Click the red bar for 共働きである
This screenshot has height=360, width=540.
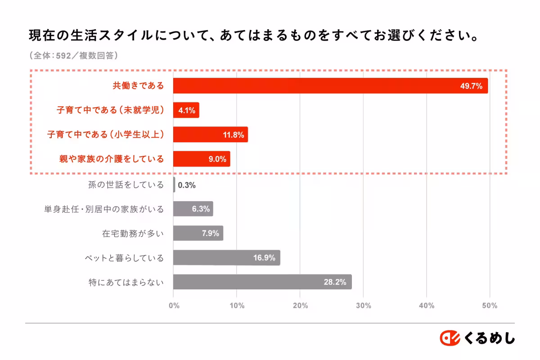click(x=330, y=85)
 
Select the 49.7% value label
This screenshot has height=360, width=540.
click(x=471, y=86)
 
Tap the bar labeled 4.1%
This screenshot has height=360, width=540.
click(x=186, y=110)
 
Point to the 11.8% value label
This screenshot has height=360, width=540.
click(x=233, y=135)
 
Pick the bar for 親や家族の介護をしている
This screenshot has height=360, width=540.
click(x=202, y=159)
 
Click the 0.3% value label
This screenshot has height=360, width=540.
click(x=187, y=185)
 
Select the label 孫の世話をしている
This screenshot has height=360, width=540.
click(x=126, y=184)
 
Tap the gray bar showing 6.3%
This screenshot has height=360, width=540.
click(x=193, y=209)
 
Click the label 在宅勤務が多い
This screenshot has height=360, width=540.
click(x=133, y=234)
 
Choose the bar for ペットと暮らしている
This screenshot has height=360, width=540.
click(x=226, y=258)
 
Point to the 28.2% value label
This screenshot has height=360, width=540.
click(x=335, y=283)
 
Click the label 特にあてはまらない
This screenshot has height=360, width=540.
click(x=126, y=283)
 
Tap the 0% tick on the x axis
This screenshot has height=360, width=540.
click(x=174, y=306)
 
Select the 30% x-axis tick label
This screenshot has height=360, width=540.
click(x=364, y=306)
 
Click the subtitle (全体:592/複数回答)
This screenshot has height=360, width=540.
click(x=74, y=56)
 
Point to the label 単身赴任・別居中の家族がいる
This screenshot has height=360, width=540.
click(x=104, y=209)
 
